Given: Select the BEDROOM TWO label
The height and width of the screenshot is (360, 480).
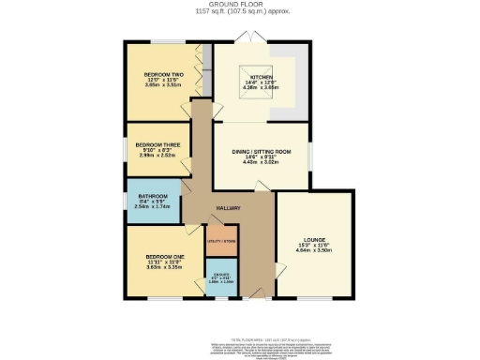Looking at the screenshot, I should click(x=161, y=72).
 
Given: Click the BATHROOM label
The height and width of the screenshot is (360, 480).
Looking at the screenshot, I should click(x=152, y=196).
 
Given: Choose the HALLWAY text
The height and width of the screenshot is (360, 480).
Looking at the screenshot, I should click(x=229, y=208).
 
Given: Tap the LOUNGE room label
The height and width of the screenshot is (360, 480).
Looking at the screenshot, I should click(x=313, y=239).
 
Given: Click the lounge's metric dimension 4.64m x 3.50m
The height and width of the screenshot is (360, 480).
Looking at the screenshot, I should click(x=313, y=252).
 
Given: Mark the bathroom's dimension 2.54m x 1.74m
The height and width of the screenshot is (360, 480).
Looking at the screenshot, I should click(x=152, y=207).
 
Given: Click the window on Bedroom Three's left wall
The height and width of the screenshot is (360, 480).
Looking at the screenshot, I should click(x=126, y=148).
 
